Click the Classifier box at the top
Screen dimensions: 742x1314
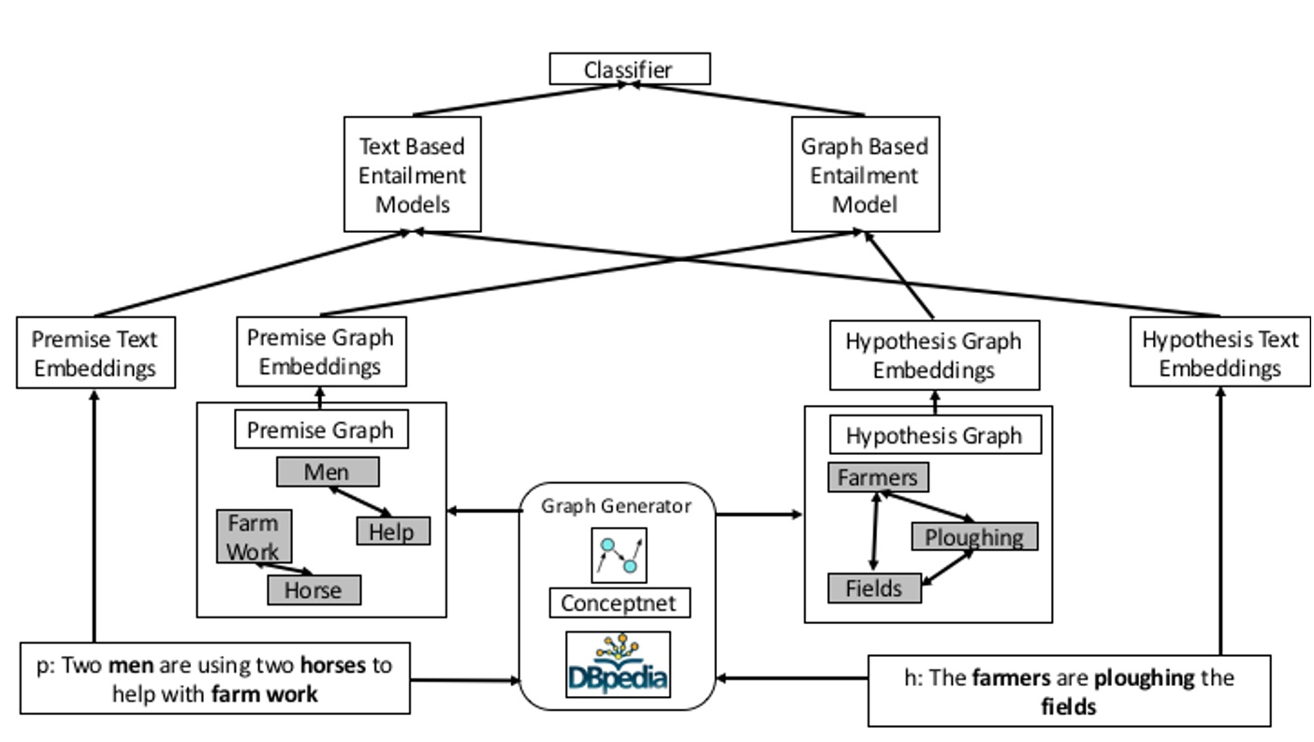(629, 69)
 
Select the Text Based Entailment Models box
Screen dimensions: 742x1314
(413, 174)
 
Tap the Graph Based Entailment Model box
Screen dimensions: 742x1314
(865, 174)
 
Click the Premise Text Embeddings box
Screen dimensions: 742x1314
(95, 353)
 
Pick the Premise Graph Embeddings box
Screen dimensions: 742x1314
(320, 351)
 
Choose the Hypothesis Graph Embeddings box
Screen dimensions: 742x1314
(934, 356)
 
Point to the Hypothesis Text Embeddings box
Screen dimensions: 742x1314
(1219, 353)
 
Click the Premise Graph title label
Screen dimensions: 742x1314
(320, 430)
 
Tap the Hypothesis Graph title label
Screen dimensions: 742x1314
(934, 435)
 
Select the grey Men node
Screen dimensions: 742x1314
(328, 472)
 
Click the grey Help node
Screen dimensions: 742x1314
(392, 531)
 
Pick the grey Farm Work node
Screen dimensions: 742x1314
(253, 536)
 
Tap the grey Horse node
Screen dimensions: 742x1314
(314, 589)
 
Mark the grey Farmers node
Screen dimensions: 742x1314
(878, 477)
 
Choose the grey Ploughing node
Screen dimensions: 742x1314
(974, 536)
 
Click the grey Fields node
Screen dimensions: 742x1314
(874, 588)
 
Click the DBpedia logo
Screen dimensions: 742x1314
(619, 664)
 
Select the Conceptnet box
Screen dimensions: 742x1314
(619, 603)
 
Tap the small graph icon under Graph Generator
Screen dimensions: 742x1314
(619, 554)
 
